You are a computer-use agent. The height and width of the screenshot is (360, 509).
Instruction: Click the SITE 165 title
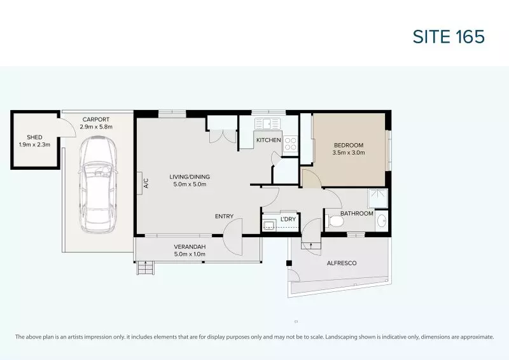(x=449, y=36)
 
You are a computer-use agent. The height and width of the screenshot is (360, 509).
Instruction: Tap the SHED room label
(x=34, y=137)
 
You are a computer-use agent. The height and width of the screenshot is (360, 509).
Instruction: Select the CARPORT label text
(x=95, y=119)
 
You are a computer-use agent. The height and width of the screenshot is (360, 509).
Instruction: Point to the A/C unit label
(x=146, y=183)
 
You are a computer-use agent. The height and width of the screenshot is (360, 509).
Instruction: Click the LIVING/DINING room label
(x=190, y=177)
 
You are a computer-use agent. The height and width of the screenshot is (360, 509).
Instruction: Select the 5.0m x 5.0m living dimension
(x=190, y=184)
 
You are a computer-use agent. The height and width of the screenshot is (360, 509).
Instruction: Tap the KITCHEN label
(x=268, y=140)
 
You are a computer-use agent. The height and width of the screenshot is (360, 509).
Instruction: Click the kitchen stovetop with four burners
(x=291, y=143)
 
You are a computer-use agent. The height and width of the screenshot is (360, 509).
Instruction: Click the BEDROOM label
(x=348, y=144)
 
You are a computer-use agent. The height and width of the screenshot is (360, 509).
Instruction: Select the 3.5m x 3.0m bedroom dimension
(x=348, y=152)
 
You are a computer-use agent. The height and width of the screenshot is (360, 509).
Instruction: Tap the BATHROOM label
(x=356, y=214)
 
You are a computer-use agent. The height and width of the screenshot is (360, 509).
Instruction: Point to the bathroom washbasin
(x=381, y=221)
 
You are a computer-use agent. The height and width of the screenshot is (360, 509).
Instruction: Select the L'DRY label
(x=289, y=220)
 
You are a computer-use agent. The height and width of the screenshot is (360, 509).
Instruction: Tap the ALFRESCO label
(x=341, y=263)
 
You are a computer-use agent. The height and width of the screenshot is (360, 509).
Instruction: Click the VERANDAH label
(x=190, y=246)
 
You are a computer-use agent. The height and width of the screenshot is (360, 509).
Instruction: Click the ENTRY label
(x=224, y=217)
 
